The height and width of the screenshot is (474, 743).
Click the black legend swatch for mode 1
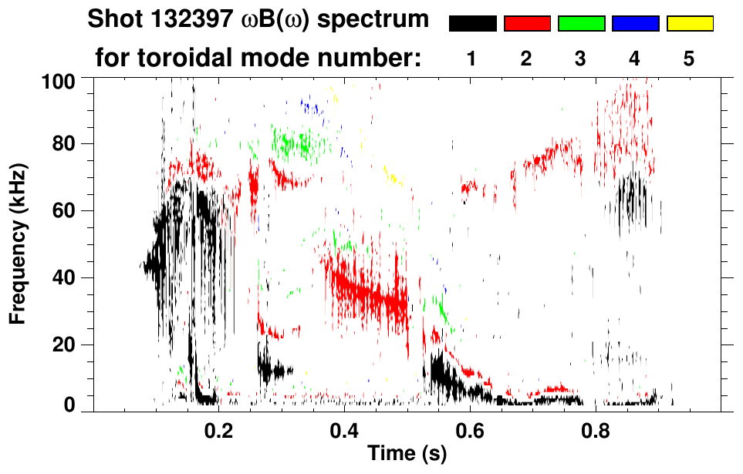coord(472,24)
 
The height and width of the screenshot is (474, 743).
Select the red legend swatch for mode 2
coord(527,24)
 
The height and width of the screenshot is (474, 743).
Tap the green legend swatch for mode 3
coord(581,24)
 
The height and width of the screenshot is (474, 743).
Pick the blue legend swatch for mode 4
coord(635,24)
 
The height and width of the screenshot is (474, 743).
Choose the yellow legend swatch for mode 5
coord(690,24)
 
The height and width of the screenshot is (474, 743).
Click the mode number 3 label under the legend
coord(581,59)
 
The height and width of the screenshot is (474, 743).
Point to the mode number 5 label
coord(689,59)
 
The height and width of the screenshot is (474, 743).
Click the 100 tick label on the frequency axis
coord(59,80)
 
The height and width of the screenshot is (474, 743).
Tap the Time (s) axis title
coord(407,454)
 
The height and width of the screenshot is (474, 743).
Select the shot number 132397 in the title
coord(193,19)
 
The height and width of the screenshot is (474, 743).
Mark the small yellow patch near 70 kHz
coord(394,180)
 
